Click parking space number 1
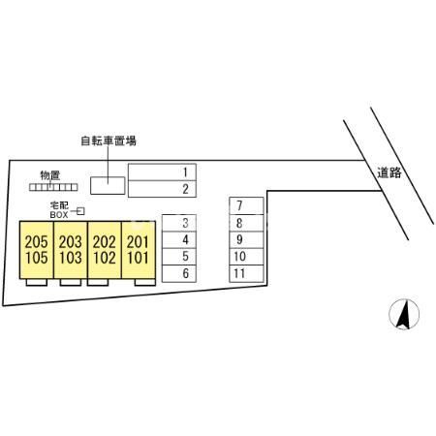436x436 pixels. click(162, 172)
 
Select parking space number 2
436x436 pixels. click(162, 189)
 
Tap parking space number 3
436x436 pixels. click(179, 223)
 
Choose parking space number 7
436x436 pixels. click(246, 205)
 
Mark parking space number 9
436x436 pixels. click(246, 239)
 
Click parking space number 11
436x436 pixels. click(246, 273)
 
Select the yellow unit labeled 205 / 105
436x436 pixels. click(37, 250)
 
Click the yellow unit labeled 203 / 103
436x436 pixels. click(71, 250)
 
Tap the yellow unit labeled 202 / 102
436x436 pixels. click(105, 250)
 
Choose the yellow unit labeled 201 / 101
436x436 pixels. click(139, 250)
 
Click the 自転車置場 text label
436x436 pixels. click(109, 140)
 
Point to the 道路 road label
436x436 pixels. click(389, 172)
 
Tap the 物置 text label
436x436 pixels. click(49, 175)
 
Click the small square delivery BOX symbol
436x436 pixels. click(80, 211)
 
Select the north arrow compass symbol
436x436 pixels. click(404, 314)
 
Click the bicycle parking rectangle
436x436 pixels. click(108, 186)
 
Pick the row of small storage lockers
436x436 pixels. click(53, 187)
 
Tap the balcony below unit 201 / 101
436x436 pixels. click(145, 282)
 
